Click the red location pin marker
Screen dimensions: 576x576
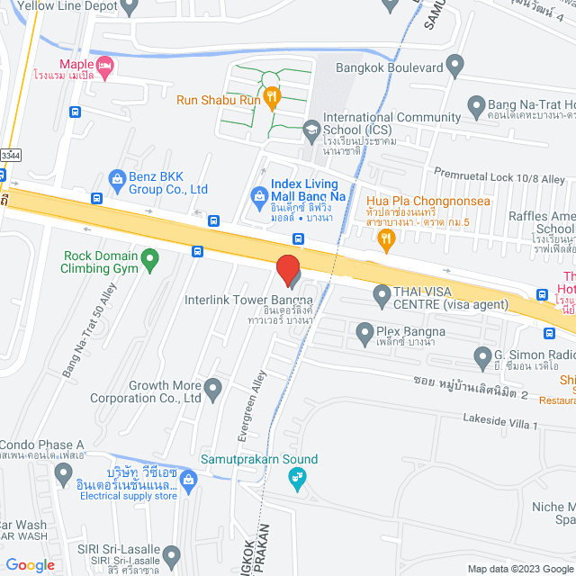287,269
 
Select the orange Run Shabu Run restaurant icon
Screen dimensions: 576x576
272,94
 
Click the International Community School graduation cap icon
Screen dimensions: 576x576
311,128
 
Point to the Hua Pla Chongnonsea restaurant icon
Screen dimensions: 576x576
387,238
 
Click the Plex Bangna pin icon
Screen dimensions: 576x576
365,333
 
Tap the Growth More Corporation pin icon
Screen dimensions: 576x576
212,389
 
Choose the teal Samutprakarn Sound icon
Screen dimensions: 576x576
301,476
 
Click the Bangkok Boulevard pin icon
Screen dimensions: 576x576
454,66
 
